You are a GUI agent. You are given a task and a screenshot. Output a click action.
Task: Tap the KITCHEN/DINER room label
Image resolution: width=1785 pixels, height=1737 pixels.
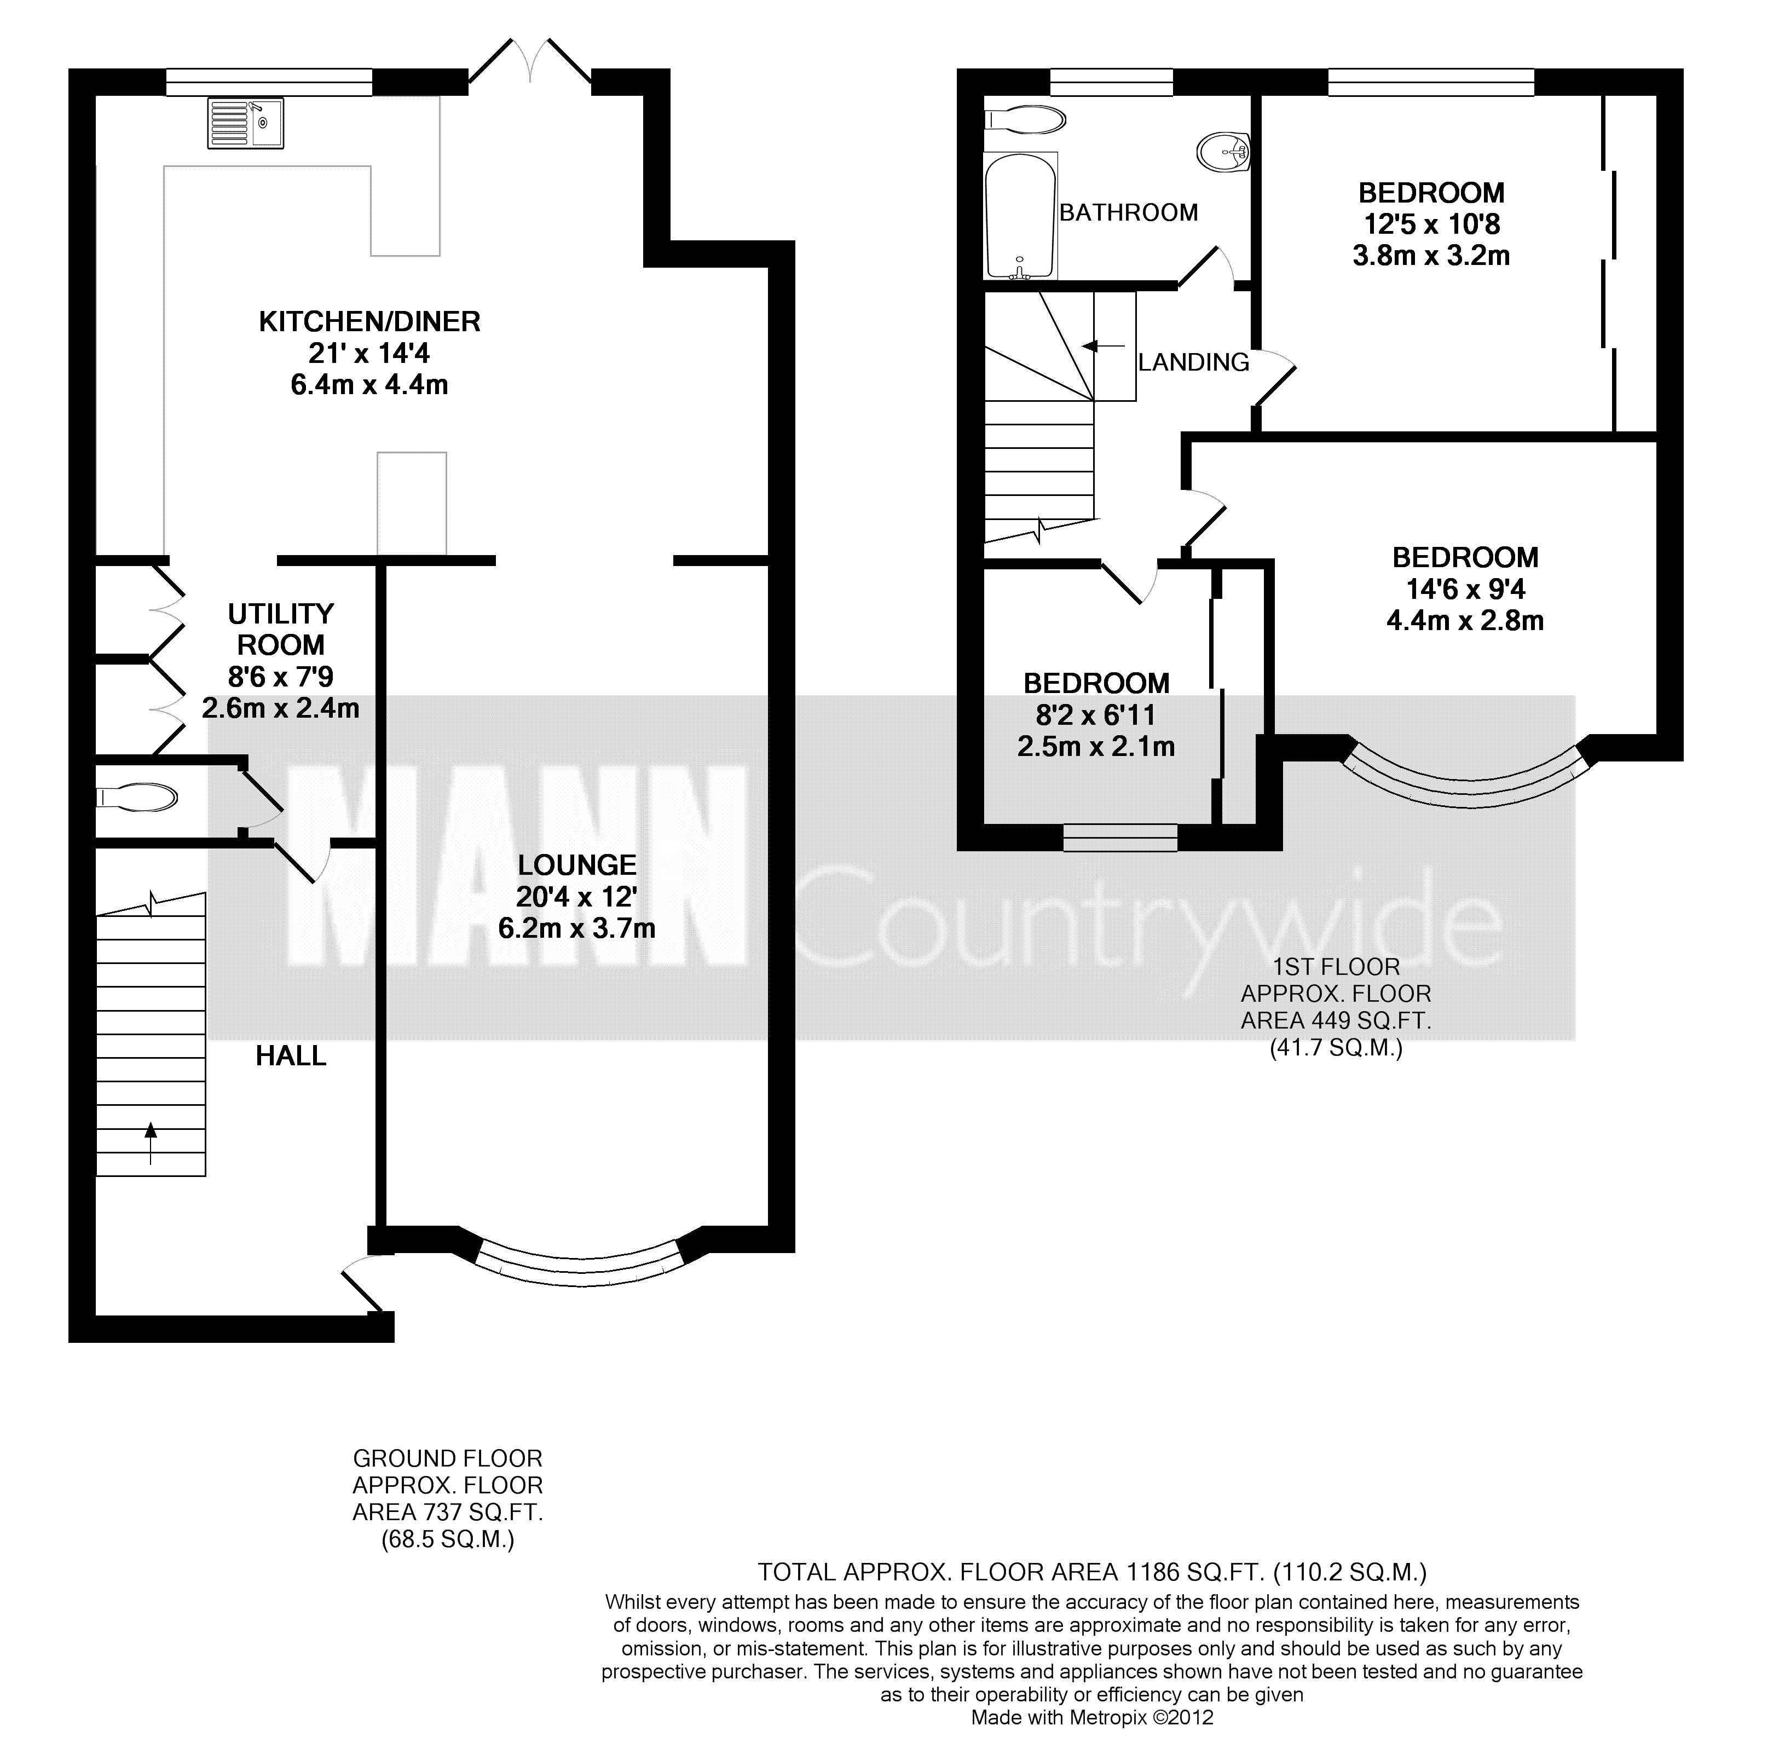tap(369, 321)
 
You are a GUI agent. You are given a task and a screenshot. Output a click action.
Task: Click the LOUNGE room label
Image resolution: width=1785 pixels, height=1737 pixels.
tap(576, 864)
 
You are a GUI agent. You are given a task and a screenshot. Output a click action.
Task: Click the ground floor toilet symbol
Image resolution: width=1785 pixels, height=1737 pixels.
tap(137, 798)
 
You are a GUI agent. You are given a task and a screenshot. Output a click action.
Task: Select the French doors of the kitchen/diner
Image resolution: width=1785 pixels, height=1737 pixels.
tap(530, 66)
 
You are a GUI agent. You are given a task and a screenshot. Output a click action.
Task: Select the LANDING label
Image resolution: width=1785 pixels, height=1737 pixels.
tap(1193, 362)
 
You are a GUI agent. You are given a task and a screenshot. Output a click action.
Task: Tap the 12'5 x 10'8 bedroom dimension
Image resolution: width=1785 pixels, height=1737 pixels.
tap(1431, 223)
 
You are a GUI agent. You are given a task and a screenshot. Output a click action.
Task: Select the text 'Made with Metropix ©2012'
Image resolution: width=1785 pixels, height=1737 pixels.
tap(1092, 1717)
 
